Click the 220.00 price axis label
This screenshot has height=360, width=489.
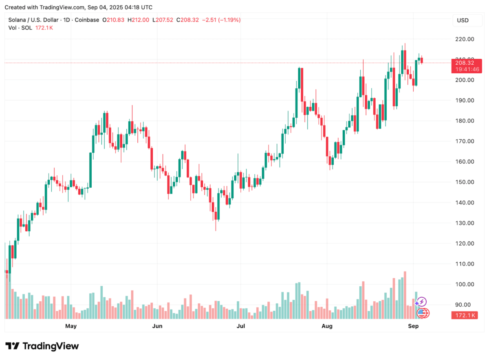465,40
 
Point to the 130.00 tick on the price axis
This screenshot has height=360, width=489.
465,223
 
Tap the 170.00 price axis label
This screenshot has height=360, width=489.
465,141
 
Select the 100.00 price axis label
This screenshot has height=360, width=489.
465,284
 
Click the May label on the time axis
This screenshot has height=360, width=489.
71,326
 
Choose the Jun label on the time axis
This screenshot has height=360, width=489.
157,326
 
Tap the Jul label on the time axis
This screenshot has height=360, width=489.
241,326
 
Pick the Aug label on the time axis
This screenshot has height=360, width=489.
327,326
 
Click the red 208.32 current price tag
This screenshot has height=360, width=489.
465,63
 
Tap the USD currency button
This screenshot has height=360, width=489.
463,20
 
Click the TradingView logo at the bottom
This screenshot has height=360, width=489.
42,346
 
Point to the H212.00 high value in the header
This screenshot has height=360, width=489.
139,20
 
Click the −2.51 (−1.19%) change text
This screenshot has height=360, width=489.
222,20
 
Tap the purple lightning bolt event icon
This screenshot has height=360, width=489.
422,302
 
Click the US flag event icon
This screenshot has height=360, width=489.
424,313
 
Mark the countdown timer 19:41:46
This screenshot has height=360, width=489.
465,70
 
